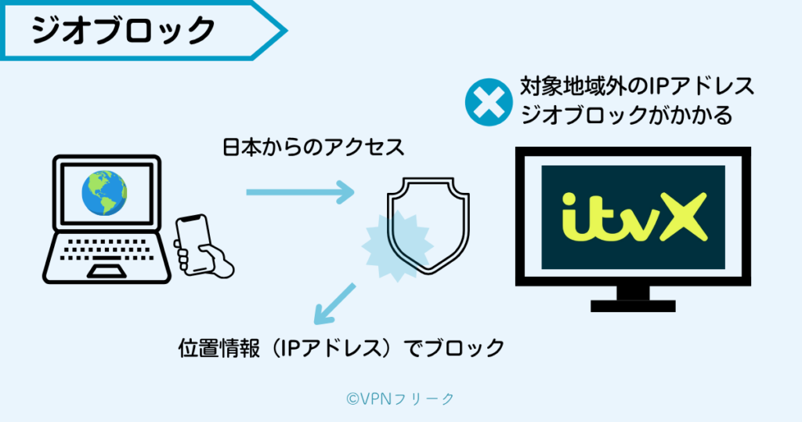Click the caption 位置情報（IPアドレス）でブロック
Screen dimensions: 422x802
pos(341,347)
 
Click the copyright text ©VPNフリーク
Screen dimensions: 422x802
pos(400,399)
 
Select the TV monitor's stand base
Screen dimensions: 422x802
pos(633,305)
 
